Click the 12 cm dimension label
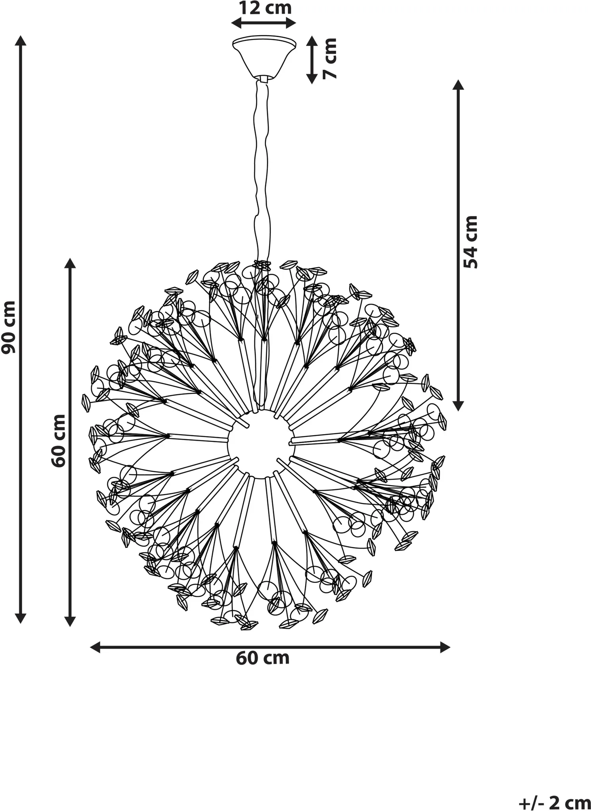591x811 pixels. tap(265, 8)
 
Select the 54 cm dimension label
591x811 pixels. tap(471, 242)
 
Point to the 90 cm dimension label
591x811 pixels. tap(8, 327)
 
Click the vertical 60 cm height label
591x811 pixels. tap(59, 441)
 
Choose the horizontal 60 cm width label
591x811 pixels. tap(263, 658)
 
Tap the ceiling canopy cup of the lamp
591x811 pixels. tap(264, 57)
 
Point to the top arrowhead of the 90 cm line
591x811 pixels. tap(21, 40)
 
